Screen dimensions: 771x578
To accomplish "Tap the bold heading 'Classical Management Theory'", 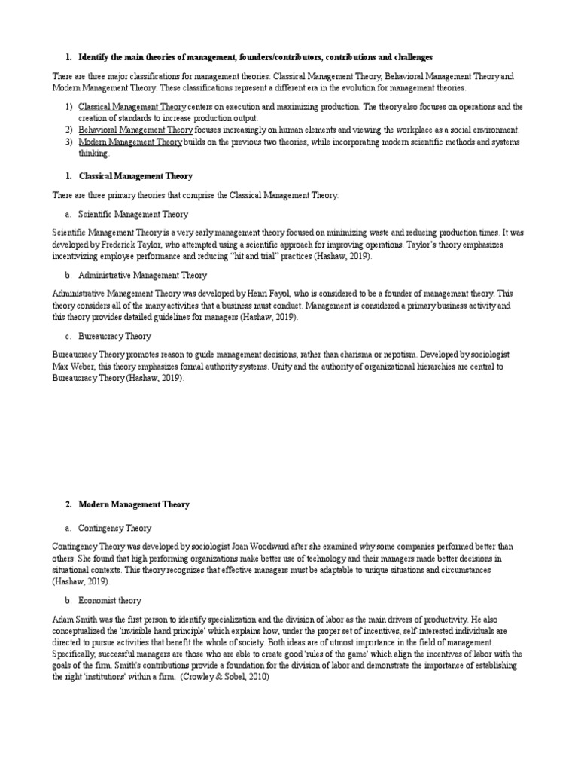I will click(135, 175).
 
